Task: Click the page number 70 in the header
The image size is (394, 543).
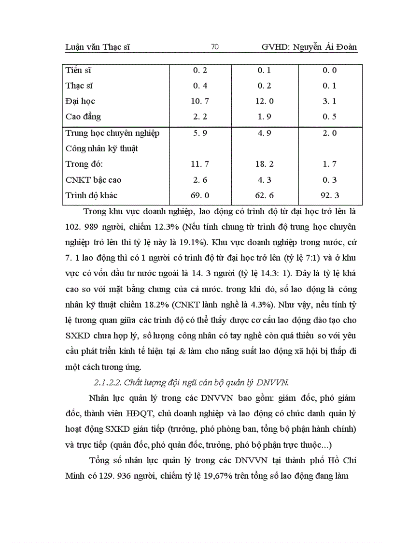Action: click(215, 47)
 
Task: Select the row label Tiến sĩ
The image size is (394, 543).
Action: click(79, 70)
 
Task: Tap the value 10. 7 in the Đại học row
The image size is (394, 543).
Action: click(200, 101)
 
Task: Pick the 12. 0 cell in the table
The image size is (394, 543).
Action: click(265, 101)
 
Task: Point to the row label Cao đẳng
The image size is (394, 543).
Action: click(83, 117)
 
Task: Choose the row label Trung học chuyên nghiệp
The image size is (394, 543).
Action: click(112, 133)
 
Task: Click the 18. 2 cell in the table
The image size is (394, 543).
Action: click(265, 164)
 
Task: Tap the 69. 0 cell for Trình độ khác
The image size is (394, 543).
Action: click(200, 195)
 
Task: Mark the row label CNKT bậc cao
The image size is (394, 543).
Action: click(93, 180)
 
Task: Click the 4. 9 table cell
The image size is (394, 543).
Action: click(265, 133)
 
